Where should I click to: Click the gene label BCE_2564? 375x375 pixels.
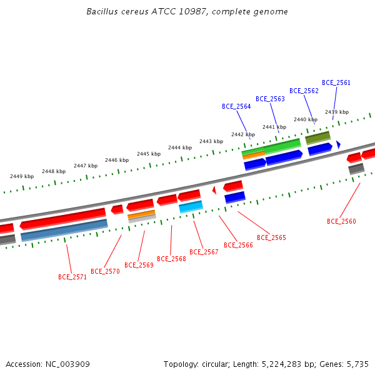coord(236,106)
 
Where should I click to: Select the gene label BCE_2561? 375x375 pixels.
coord(336,82)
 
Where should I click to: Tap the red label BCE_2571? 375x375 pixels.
coord(72,277)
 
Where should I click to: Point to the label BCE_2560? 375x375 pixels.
coord(341,221)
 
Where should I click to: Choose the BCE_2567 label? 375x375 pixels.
coord(204,252)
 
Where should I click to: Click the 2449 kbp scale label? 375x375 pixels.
coord(22,176)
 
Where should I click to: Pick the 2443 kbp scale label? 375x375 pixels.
coord(211,142)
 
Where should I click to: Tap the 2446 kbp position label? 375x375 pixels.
coord(117,160)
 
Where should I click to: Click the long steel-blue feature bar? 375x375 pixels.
coord(64,230)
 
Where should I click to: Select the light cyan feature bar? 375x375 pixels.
coord(191,207)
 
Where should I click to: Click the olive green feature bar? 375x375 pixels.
coord(318,137)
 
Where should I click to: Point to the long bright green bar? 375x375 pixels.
coord(271,147)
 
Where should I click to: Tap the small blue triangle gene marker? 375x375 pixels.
coord(338,144)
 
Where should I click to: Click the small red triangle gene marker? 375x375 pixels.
coord(214,191)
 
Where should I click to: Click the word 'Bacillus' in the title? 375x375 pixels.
coord(102,11)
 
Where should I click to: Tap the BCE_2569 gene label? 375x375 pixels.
coord(139,265)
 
